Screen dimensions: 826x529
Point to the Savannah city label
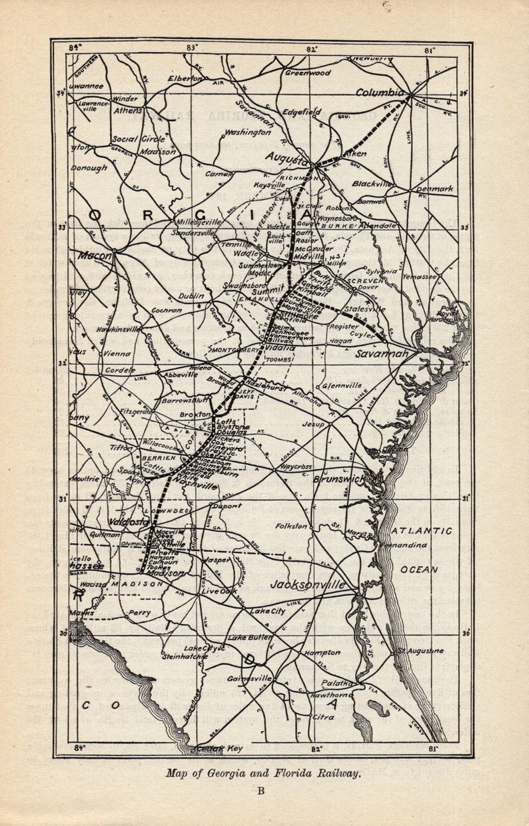[x=381, y=353]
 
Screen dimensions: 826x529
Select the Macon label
[x=95, y=254]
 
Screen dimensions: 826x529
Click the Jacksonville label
[x=308, y=585]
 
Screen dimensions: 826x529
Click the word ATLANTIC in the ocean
[x=420, y=531]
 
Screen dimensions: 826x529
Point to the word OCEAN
[x=419, y=570]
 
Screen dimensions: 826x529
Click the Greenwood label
[x=308, y=73]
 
